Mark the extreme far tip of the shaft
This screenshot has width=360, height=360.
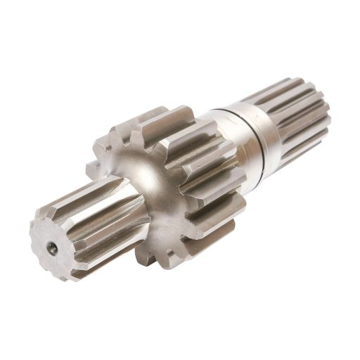(x=328, y=105)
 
